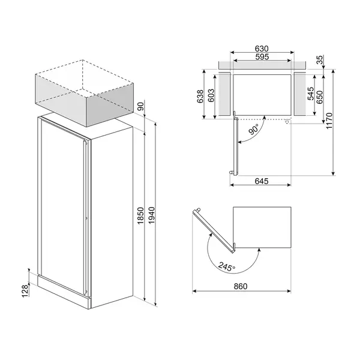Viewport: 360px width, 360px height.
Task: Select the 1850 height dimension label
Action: [140, 215]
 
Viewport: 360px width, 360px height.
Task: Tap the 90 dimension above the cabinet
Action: [140, 107]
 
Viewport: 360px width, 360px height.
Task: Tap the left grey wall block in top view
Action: [223, 93]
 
